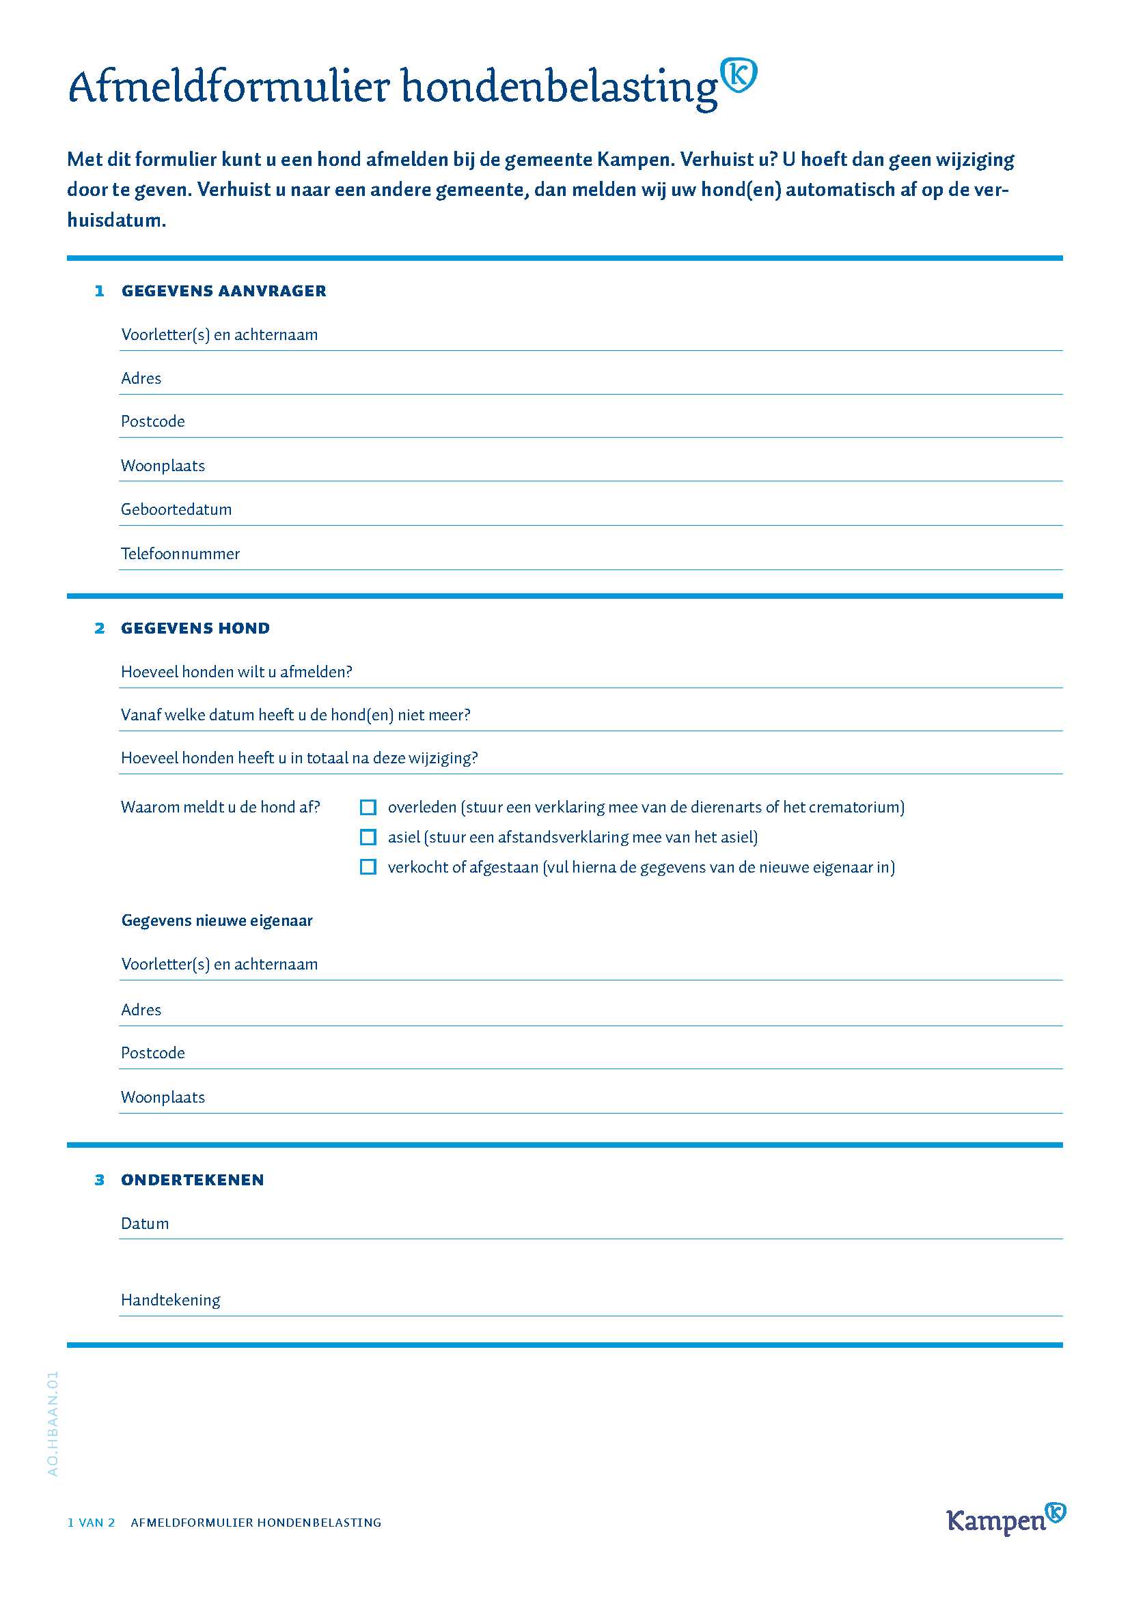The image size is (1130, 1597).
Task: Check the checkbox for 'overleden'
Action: (368, 807)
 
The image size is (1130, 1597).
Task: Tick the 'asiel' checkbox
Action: (368, 837)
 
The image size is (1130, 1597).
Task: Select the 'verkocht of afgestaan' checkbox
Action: (368, 866)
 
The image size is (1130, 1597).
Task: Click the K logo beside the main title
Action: (739, 76)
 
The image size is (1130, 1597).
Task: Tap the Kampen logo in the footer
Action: (1006, 1519)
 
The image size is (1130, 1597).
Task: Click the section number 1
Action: (100, 291)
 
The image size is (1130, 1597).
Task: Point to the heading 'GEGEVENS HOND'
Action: (195, 628)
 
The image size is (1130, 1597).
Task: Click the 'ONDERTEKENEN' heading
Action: (193, 1180)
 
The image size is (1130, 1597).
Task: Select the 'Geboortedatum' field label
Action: (176, 509)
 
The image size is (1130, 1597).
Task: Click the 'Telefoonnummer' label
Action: (180, 554)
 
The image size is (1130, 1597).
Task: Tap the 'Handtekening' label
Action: (171, 1300)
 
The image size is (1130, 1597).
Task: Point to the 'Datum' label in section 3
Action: (145, 1224)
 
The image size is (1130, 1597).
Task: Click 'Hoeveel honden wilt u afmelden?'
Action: (236, 672)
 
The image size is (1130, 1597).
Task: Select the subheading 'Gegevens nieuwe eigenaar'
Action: (217, 920)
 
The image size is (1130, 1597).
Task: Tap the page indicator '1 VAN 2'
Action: (91, 1523)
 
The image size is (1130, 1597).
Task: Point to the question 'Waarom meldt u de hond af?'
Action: (221, 807)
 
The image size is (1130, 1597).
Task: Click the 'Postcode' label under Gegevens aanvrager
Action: (153, 421)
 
